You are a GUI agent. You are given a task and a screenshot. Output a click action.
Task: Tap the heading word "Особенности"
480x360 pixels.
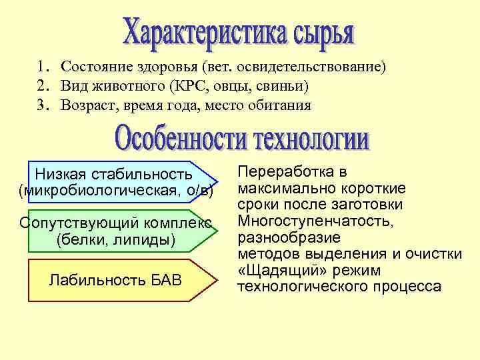coord(176,137)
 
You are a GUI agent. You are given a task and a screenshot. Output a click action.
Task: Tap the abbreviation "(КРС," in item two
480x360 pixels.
coord(192,86)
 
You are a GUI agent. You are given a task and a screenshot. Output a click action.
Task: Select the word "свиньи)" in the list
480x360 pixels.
coord(285,86)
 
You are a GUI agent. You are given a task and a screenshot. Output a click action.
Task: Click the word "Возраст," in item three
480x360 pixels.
coord(85,105)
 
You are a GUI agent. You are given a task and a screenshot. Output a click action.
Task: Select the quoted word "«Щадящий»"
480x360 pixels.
coord(278,271)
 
